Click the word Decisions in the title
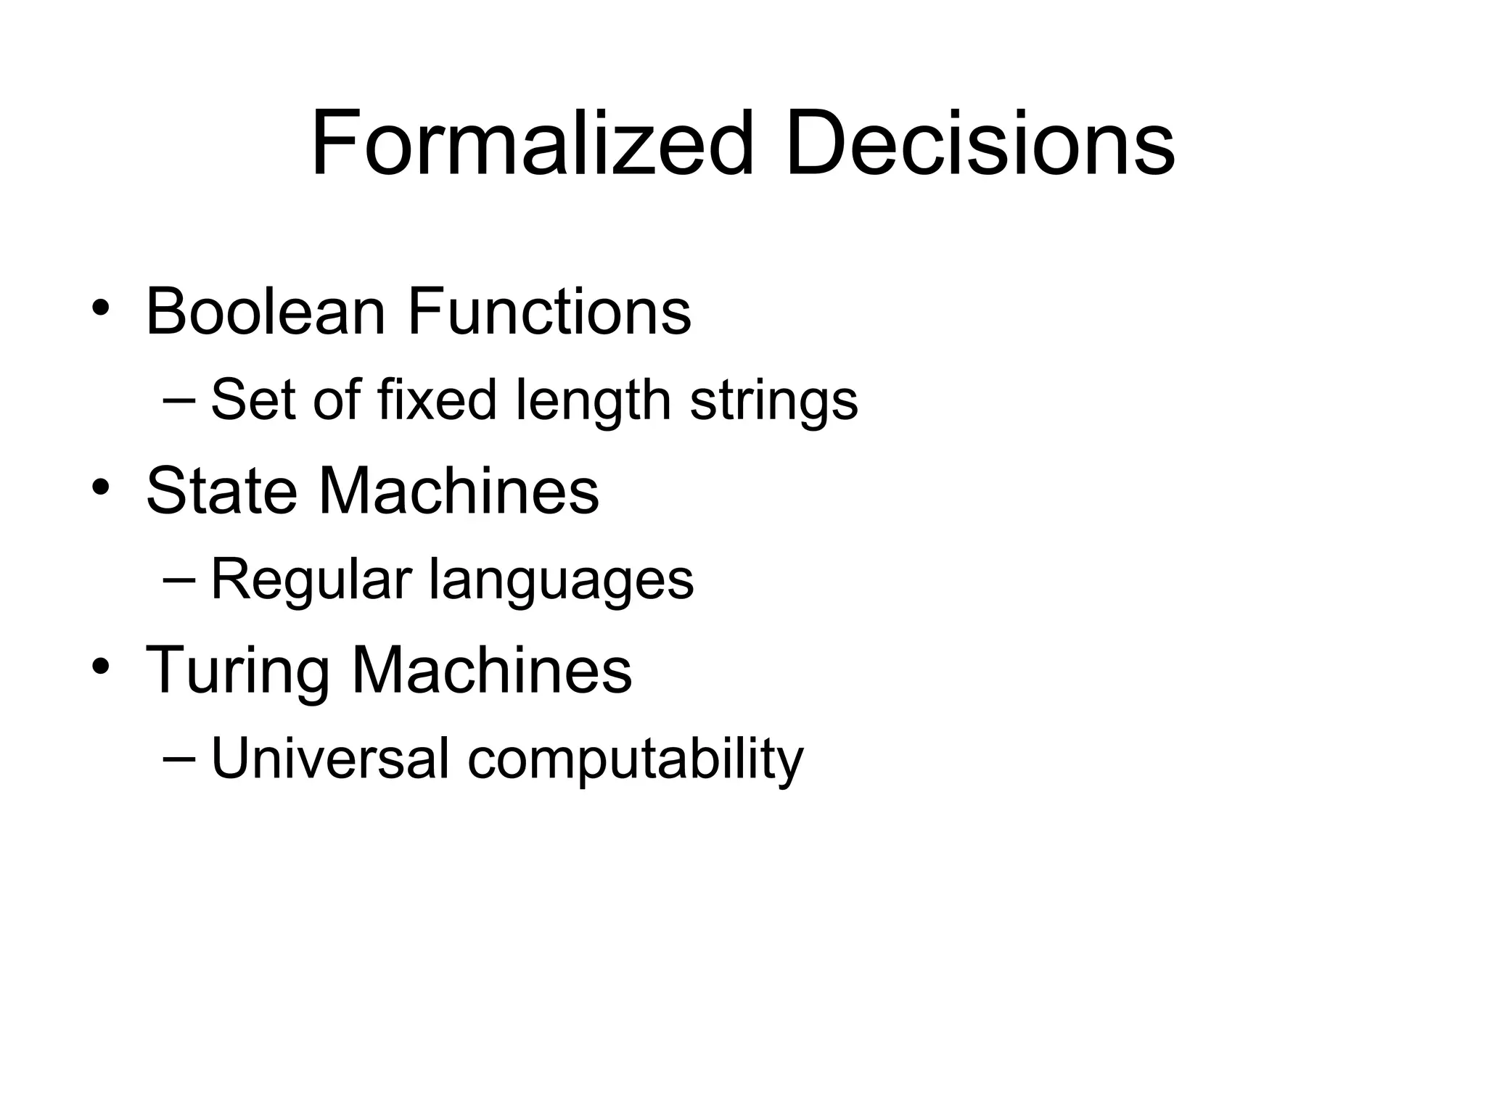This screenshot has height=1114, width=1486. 980,144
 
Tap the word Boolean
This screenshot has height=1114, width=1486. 266,312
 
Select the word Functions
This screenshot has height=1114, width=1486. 549,312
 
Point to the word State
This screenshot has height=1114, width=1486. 221,491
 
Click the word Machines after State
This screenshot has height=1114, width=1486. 459,491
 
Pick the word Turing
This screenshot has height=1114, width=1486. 237,672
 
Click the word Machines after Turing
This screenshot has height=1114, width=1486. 491,670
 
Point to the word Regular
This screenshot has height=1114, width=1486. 311,581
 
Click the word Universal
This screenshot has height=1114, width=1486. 330,759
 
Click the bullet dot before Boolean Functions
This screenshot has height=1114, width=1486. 100,308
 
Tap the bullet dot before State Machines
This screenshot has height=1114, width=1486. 100,487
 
